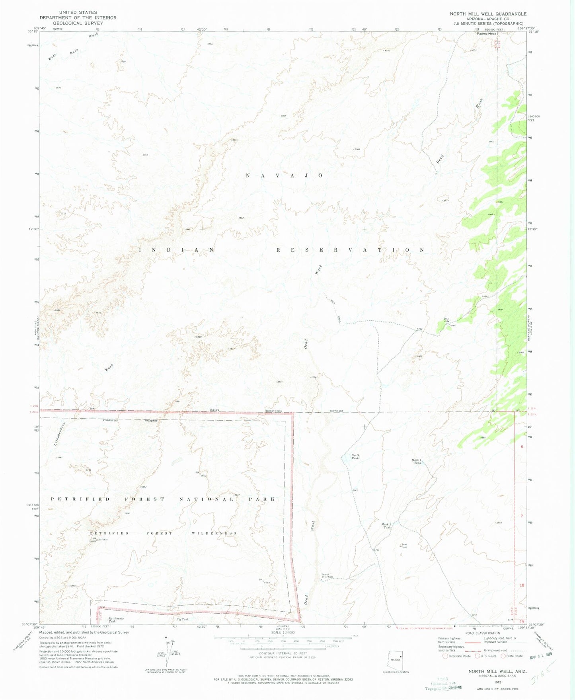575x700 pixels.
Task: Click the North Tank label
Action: (x=355, y=457)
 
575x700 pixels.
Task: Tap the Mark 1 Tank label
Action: (x=416, y=462)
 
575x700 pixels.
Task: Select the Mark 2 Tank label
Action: (x=386, y=526)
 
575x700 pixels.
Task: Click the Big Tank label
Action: (x=182, y=620)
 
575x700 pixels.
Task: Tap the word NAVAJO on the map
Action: (x=284, y=175)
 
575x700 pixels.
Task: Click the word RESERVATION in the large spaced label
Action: (x=350, y=250)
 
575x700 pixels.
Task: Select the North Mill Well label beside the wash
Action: (x=327, y=576)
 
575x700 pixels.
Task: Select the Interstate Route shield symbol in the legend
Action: (x=445, y=656)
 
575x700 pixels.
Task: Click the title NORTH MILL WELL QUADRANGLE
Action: (x=488, y=14)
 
